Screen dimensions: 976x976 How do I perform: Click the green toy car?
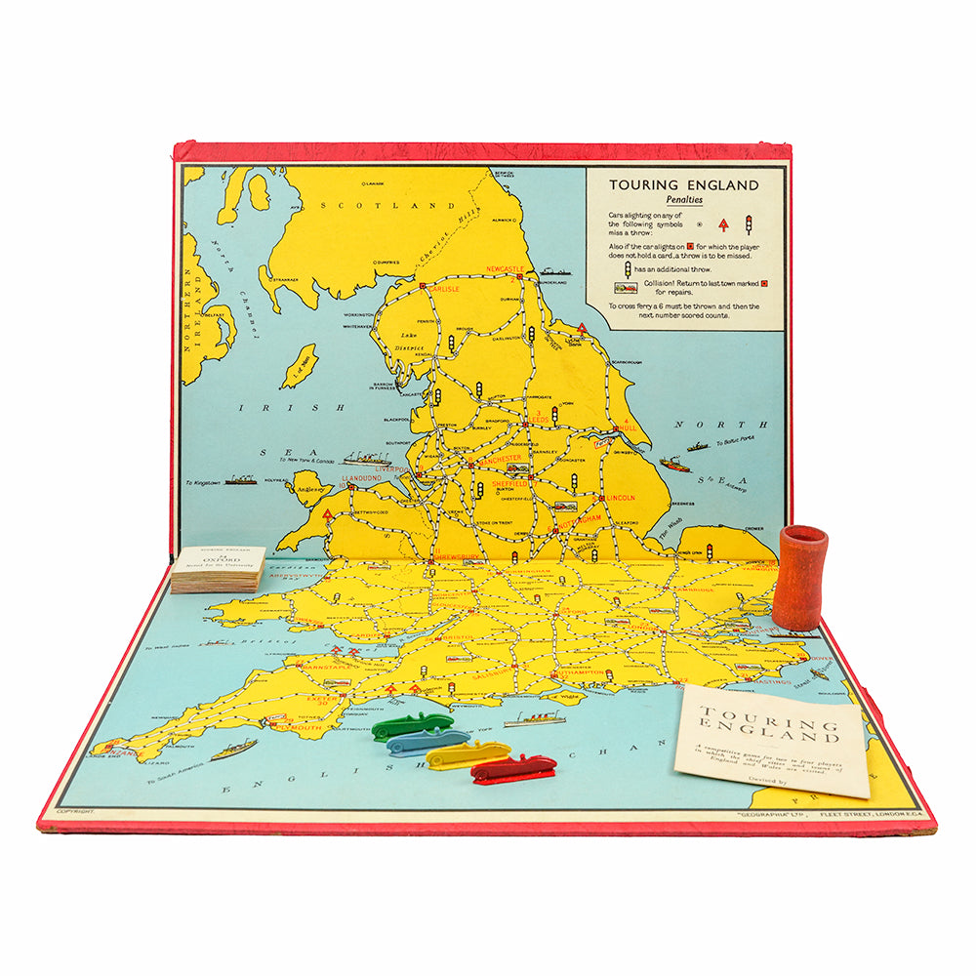tap(412, 725)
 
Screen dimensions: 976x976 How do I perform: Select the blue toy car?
tap(427, 742)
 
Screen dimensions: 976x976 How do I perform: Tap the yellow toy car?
tap(468, 752)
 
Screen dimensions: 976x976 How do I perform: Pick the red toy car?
tap(513, 768)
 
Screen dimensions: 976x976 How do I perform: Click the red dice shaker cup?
tap(799, 578)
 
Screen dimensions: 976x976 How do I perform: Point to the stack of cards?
tap(218, 569)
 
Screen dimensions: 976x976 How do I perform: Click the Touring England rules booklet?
tap(771, 738)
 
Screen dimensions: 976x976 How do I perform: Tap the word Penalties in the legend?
tap(683, 200)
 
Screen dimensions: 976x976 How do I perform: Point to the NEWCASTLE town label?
tap(506, 268)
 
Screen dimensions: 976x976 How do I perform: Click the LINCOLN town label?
tap(620, 498)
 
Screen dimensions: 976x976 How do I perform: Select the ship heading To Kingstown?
tap(240, 479)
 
